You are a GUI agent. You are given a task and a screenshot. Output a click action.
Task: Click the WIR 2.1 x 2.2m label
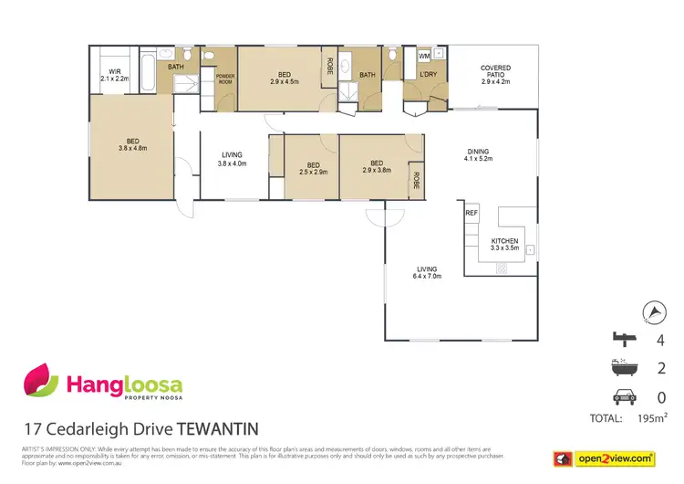pyautogui.click(x=115, y=75)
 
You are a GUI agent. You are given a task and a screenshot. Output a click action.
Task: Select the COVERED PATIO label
pyautogui.click(x=496, y=74)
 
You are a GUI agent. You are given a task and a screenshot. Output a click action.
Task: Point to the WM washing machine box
pyautogui.click(x=424, y=56)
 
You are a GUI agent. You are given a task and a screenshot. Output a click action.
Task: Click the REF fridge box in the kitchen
pyautogui.click(x=472, y=213)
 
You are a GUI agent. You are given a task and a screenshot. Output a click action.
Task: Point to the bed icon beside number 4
pyautogui.click(x=623, y=342)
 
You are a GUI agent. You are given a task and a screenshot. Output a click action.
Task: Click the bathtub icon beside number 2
pyautogui.click(x=623, y=370)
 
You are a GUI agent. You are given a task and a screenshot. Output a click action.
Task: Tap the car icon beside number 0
pyautogui.click(x=623, y=398)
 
